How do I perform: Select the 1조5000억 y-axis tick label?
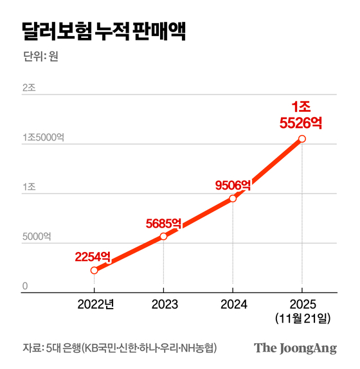click(x=44, y=138)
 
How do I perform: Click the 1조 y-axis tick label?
click(x=28, y=187)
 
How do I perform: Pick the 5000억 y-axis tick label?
click(x=36, y=237)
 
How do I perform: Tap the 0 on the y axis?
click(x=25, y=286)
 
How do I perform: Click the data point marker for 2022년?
click(x=94, y=270)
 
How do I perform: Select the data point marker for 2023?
click(x=163, y=236)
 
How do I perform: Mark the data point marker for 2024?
click(x=233, y=198)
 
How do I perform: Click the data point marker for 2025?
click(x=302, y=138)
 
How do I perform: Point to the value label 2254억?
click(x=93, y=256)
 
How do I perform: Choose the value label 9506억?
click(x=233, y=185)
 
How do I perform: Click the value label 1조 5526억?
click(x=301, y=114)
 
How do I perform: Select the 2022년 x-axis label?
click(x=94, y=304)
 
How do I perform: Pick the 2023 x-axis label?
click(x=163, y=304)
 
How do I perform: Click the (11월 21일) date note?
click(x=302, y=318)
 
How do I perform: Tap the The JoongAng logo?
click(x=295, y=348)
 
